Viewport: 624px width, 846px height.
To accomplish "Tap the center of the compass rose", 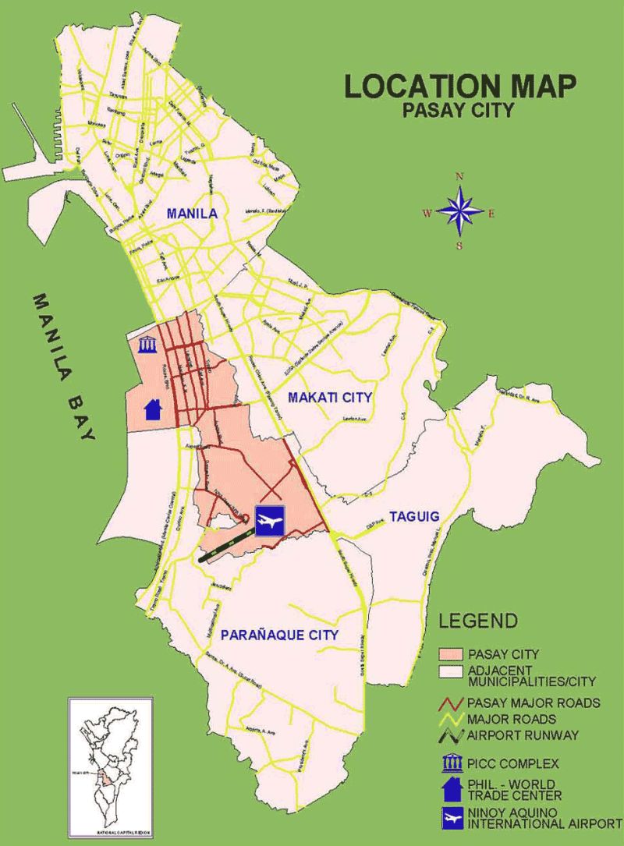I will tap(459, 211).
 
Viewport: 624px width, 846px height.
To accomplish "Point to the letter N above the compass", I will tap(459, 177).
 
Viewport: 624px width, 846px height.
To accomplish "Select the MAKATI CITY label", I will tap(329, 398).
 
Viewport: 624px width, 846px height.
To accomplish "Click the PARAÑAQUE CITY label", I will tap(278, 635).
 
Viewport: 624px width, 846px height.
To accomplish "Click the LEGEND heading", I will tap(478, 621).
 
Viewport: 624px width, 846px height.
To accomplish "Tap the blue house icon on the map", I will tap(153, 407).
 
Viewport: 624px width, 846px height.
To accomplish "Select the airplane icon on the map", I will tap(270, 519).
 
